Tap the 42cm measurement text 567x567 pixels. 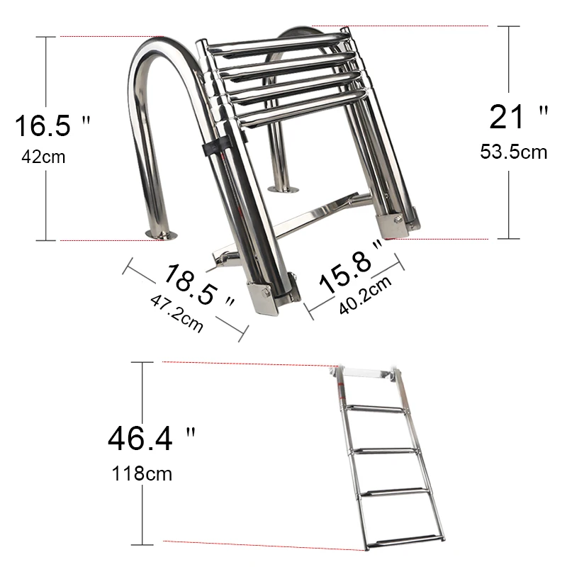[x=43, y=157]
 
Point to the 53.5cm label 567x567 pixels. [x=513, y=152]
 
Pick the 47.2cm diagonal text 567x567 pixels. [x=176, y=313]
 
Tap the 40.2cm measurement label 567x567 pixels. [x=365, y=295]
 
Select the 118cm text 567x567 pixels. [x=142, y=473]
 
